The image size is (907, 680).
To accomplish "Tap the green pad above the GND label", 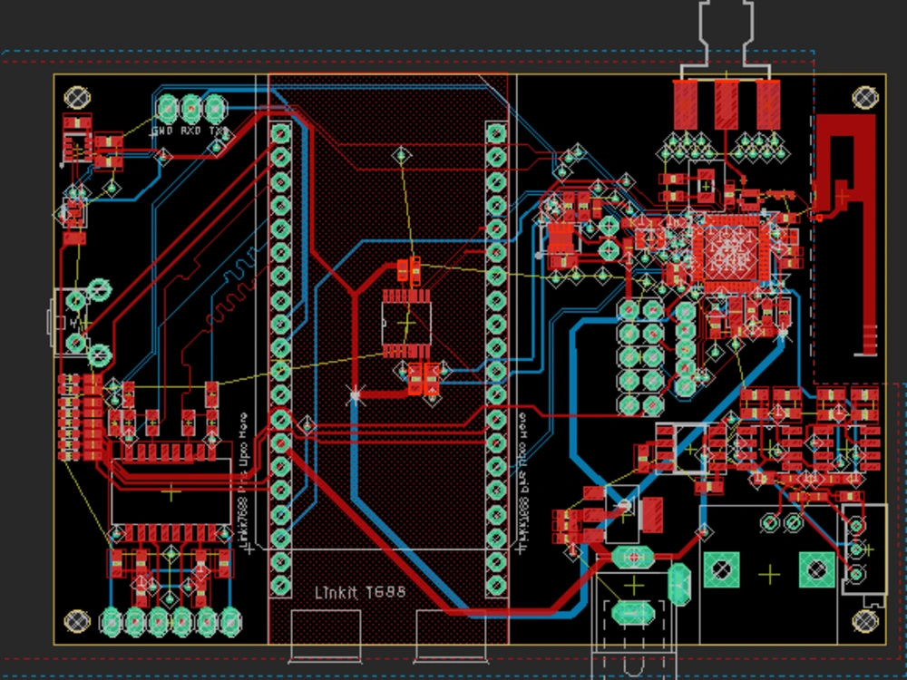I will click(168, 109).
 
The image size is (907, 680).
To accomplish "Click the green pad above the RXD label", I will click(191, 109).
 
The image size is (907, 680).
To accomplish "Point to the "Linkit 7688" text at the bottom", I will click(359, 592).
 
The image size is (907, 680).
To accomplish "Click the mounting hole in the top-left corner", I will click(76, 97).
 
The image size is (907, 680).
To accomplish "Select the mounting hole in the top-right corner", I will click(865, 97).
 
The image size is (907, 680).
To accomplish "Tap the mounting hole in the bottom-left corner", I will click(76, 621).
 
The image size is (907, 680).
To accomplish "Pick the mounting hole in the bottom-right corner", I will click(865, 621).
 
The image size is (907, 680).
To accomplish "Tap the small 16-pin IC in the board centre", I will click(405, 322).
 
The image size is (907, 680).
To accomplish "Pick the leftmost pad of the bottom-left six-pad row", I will click(112, 621).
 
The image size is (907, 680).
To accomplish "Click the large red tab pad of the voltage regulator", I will click(652, 513).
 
